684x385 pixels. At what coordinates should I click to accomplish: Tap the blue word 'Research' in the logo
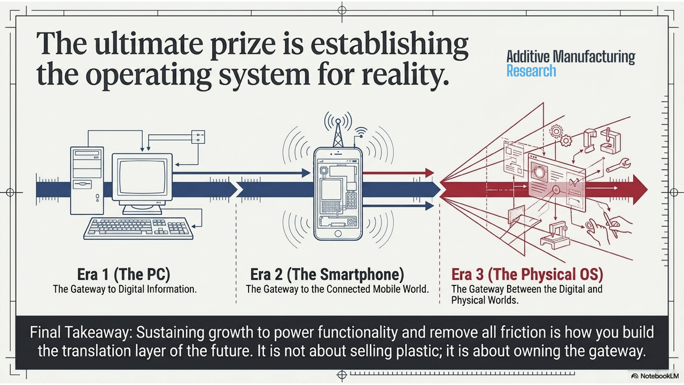531,71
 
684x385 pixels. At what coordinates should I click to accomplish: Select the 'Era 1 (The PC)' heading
123,274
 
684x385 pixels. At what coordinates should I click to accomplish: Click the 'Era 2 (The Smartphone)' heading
327,274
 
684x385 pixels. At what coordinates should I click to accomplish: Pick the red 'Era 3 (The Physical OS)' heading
527,274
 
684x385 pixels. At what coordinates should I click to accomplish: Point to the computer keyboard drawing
138,228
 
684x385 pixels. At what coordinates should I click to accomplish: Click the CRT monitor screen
142,176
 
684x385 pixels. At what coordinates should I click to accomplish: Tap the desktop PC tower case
87,181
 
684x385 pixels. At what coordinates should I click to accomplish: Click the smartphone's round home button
338,234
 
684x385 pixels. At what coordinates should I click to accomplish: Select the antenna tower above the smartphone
338,133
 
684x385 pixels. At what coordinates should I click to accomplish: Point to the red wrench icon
618,165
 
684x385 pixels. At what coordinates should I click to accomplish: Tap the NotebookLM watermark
655,376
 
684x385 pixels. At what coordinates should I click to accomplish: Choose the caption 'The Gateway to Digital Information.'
125,289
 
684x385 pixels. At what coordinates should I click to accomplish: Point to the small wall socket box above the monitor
198,137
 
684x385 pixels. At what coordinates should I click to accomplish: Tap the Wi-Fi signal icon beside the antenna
361,132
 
